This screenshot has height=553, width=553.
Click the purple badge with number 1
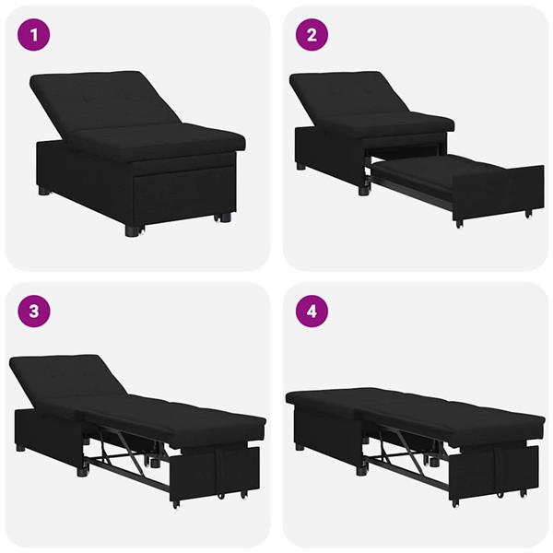pos(34,37)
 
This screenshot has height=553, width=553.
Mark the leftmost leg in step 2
pos(301,167)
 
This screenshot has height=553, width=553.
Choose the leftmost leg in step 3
pos(21,447)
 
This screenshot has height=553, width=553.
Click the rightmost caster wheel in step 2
pos(527,215)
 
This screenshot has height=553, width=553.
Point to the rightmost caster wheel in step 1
pos(222,218)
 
